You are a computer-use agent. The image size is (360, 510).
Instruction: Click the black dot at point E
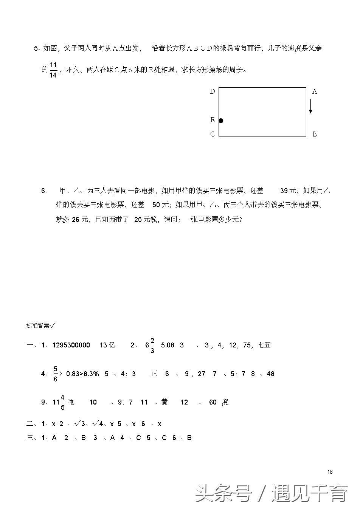[x=221, y=121]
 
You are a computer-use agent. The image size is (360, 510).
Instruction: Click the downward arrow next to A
[x=310, y=106]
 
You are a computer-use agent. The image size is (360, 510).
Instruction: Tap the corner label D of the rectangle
[x=213, y=91]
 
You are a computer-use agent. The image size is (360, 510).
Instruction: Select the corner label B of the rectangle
[x=314, y=134]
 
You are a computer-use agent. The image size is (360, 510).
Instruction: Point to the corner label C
[x=213, y=134]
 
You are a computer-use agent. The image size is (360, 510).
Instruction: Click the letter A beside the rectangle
[x=315, y=92]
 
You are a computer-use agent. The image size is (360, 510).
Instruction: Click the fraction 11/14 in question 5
[x=53, y=70]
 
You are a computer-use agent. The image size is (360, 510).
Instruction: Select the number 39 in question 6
[x=284, y=191]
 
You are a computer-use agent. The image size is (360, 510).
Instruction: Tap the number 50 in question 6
[x=156, y=205]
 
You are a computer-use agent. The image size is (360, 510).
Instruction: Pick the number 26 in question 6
[x=75, y=219]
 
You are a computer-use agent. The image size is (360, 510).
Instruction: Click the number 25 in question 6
[x=138, y=219]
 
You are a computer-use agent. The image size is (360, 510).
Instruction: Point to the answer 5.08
[x=168, y=345]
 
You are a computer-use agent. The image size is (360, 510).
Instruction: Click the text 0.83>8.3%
[x=82, y=374]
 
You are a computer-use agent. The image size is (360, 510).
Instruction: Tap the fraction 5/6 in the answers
[x=55, y=374]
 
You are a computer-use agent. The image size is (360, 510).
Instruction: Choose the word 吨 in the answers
[x=70, y=402]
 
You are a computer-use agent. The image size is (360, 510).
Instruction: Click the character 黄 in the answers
[x=164, y=402]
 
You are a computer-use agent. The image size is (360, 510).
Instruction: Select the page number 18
[x=330, y=471]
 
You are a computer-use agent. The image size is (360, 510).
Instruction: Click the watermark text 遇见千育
[x=309, y=493]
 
